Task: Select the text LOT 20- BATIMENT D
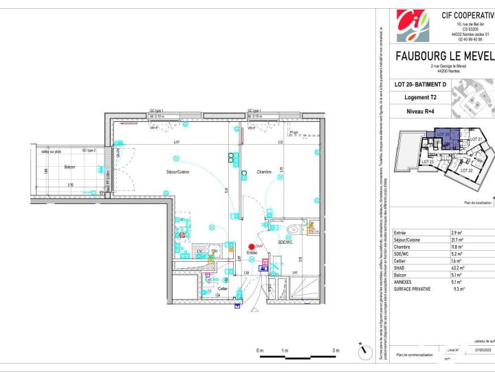pyautogui.click(x=420, y=85)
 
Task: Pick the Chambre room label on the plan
pyautogui.click(x=265, y=172)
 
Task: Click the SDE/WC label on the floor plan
pyautogui.click(x=285, y=242)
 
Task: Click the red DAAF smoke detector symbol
pyautogui.click(x=251, y=247)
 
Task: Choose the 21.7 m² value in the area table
pyautogui.click(x=456, y=239)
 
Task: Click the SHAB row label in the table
pyautogui.click(x=401, y=268)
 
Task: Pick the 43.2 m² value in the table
pyautogui.click(x=456, y=268)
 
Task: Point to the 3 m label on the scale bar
pyautogui.click(x=335, y=351)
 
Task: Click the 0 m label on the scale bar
pyautogui.click(x=260, y=351)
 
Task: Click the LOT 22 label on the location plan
pyautogui.click(x=465, y=169)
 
